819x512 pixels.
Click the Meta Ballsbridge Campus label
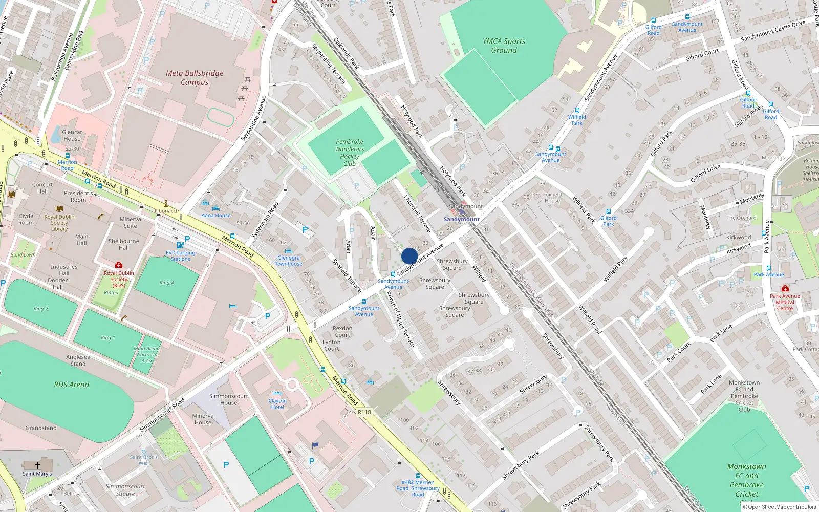[195, 77]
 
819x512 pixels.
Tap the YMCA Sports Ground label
[504, 46]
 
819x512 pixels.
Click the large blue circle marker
[409, 256]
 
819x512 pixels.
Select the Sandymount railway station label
[461, 219]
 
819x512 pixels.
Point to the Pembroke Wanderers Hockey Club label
[350, 153]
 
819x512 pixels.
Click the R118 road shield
[364, 412]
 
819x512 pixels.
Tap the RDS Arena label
[71, 385]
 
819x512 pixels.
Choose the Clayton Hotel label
[277, 404]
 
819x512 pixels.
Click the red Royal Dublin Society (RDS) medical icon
[119, 265]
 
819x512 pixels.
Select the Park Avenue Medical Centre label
[785, 302]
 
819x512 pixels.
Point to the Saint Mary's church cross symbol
[37, 465]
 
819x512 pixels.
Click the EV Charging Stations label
[180, 255]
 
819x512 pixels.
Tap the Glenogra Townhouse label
[289, 261]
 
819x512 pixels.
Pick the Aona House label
[215, 215]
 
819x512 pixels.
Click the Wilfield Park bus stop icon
[577, 110]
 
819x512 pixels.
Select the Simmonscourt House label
[228, 399]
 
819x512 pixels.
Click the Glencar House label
[72, 135]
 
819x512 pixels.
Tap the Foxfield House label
[552, 197]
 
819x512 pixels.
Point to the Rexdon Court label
[342, 331]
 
